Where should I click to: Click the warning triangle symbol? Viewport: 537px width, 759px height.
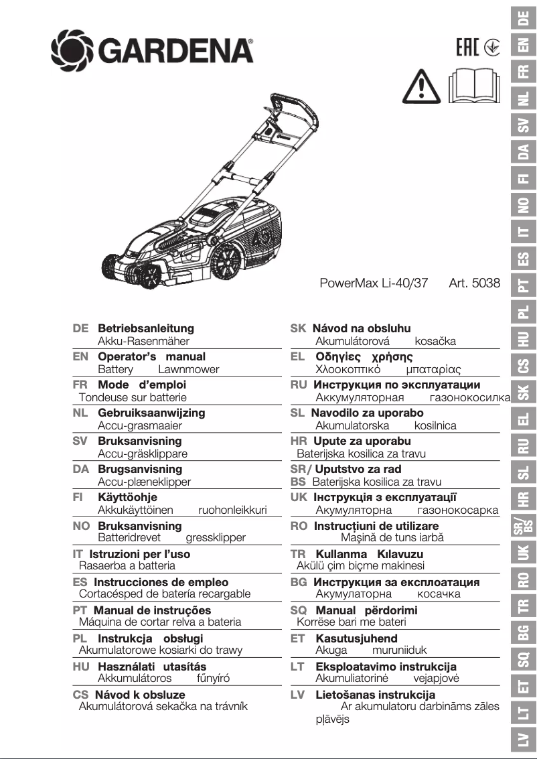point(419,86)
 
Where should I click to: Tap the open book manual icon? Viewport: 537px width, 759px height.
point(474,86)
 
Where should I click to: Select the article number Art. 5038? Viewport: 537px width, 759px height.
point(474,283)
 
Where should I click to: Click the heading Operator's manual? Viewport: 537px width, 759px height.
point(152,357)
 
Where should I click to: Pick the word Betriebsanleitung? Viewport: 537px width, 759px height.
point(146,329)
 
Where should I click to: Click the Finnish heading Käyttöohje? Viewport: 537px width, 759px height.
point(128,498)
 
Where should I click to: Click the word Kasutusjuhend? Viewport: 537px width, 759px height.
point(356,639)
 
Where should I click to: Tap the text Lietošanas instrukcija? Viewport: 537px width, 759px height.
point(375,695)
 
